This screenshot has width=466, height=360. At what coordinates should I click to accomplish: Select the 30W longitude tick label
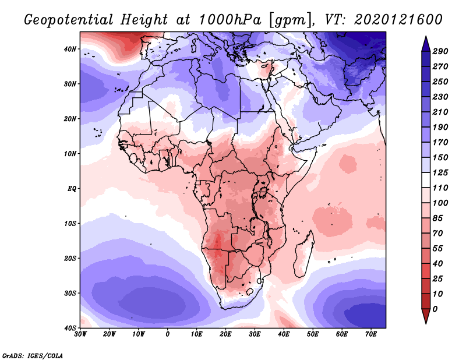tap(80, 334)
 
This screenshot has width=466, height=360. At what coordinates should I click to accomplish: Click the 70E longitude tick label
tap(370, 334)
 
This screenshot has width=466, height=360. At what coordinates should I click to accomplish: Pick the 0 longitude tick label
tap(168, 334)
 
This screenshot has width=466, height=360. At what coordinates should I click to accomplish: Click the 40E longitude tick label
tap(284, 334)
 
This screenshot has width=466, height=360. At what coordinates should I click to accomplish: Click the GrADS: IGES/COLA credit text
tap(32, 355)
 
